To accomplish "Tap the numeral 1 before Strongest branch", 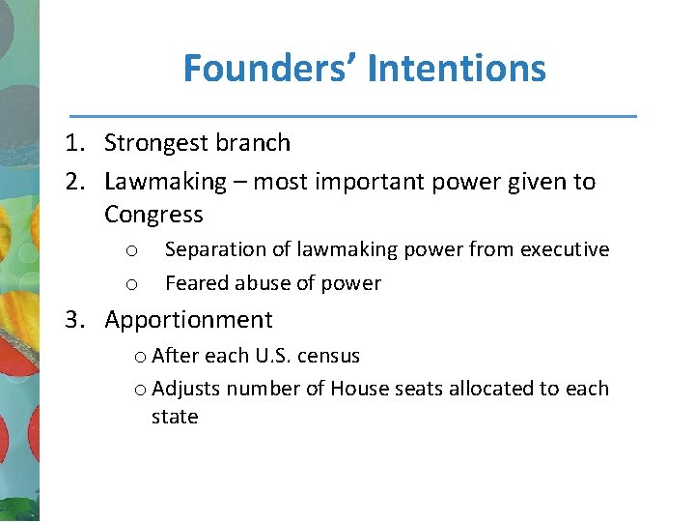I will click(72, 143).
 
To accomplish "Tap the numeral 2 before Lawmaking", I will click(72, 182).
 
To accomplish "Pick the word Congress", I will click(153, 215).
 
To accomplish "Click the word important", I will click(370, 182).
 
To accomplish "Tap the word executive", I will click(565, 249).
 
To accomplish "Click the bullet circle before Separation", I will click(130, 250).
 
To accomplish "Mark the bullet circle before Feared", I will click(130, 284).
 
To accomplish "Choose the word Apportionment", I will click(188, 320).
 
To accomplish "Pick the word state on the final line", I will click(175, 417).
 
